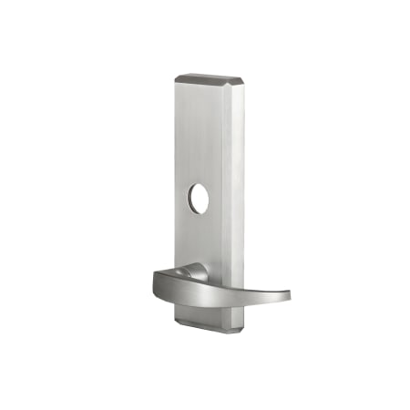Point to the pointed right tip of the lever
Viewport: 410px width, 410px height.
(x=288, y=294)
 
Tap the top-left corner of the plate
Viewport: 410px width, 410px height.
(x=176, y=77)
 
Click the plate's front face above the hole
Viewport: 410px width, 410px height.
(x=198, y=137)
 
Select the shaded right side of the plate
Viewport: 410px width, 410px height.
(x=236, y=182)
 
